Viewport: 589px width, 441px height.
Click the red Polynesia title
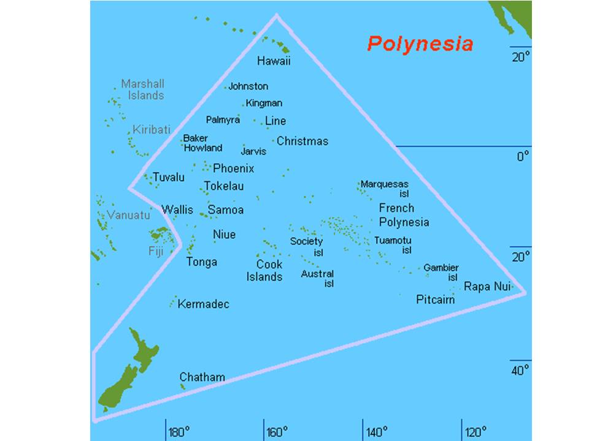[x=420, y=44]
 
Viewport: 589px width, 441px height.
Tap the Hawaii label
[x=274, y=61]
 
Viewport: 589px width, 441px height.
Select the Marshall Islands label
[x=143, y=89]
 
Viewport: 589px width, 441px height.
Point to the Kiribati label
[x=149, y=130]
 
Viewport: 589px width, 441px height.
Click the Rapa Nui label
[x=487, y=286]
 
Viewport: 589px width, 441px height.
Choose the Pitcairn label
[x=436, y=300]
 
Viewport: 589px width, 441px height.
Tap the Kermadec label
[x=203, y=304]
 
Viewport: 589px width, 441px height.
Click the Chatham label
[x=202, y=377]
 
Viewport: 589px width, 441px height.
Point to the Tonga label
[x=202, y=262]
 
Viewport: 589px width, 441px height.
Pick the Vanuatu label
[x=128, y=215]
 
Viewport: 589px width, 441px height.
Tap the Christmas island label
[x=302, y=141]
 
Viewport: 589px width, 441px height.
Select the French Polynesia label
[x=404, y=215]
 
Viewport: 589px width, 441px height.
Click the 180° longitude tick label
[x=179, y=432]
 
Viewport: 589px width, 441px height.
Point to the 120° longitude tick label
[x=475, y=432]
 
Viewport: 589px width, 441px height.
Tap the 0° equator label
[x=522, y=157]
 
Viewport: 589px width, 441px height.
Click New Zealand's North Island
[x=145, y=352]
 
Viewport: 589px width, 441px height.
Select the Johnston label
[x=248, y=86]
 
